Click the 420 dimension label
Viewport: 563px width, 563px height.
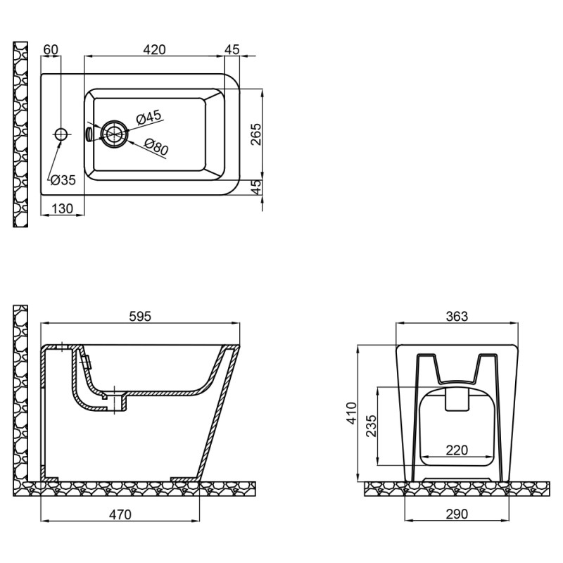(154, 49)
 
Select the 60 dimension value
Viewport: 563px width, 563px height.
(51, 49)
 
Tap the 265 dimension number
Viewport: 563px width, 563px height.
(255, 134)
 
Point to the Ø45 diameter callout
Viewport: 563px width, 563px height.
(148, 117)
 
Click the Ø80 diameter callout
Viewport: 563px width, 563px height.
(156, 146)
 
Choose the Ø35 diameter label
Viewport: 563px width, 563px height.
(62, 180)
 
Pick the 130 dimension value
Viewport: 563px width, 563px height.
(63, 208)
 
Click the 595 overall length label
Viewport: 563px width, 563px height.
(141, 317)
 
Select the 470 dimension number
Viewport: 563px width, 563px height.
(120, 514)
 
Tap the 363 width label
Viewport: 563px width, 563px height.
(457, 317)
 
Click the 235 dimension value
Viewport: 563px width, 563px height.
(370, 426)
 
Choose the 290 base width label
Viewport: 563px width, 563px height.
(457, 514)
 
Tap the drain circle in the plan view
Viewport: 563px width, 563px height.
(114, 133)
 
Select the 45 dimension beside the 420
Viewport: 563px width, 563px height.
(232, 49)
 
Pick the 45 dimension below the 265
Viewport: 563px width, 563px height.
(255, 186)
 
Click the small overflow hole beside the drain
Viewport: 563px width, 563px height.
(89, 133)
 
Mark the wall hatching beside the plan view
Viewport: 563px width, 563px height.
(21, 134)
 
